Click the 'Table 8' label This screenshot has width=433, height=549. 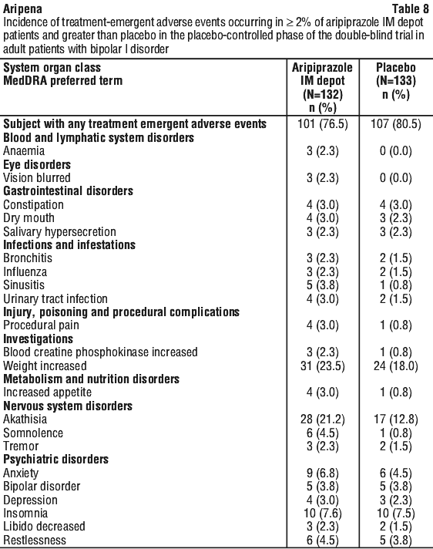click(x=410, y=8)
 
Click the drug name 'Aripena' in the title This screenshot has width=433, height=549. click(x=23, y=8)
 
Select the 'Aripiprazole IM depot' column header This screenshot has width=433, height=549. click(x=323, y=87)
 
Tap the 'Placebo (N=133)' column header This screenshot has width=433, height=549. click(x=396, y=81)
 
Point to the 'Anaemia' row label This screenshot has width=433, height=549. click(x=24, y=151)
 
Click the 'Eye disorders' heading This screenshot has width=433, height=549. click(x=37, y=164)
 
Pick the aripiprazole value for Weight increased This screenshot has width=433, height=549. click(x=323, y=366)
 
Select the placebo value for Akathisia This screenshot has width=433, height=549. click(x=396, y=419)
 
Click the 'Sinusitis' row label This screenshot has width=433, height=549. click(x=24, y=285)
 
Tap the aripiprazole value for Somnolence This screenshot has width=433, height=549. click(x=323, y=433)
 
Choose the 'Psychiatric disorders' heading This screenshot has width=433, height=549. click(x=56, y=460)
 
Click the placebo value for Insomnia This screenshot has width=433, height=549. click(x=396, y=514)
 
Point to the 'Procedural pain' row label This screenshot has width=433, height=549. click(x=41, y=325)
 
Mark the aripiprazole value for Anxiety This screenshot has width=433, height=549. click(x=323, y=473)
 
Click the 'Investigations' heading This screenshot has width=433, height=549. click(x=38, y=339)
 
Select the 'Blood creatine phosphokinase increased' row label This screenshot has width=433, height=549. click(x=100, y=352)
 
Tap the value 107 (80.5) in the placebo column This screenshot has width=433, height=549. click(x=396, y=124)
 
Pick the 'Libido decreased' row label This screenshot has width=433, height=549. click(x=44, y=527)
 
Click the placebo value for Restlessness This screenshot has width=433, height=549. click(x=396, y=540)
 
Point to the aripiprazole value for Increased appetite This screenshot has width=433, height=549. click(x=323, y=392)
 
